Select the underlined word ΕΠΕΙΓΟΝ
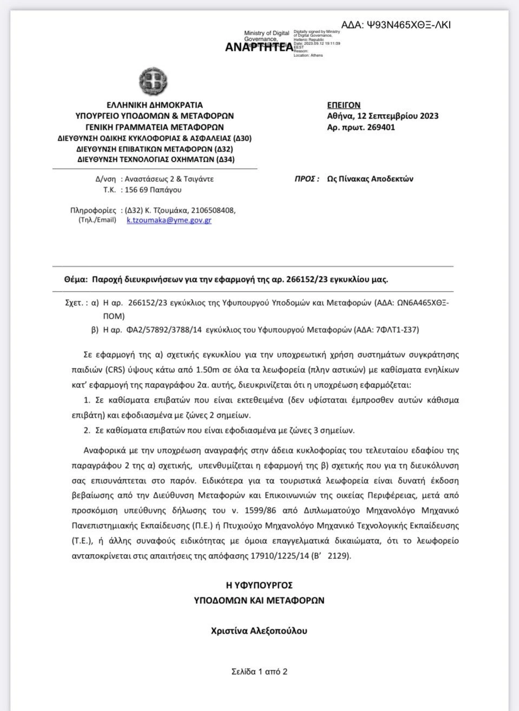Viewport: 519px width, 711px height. [x=344, y=105]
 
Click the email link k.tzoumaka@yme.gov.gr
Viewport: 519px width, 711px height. [x=169, y=220]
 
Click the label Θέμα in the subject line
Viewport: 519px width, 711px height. [x=75, y=280]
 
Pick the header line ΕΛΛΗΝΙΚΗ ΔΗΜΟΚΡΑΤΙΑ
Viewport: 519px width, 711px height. [x=155, y=105]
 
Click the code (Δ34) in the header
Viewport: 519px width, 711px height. [x=225, y=160]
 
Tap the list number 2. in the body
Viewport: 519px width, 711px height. [x=87, y=431]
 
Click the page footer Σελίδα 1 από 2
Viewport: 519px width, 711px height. [x=259, y=672]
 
